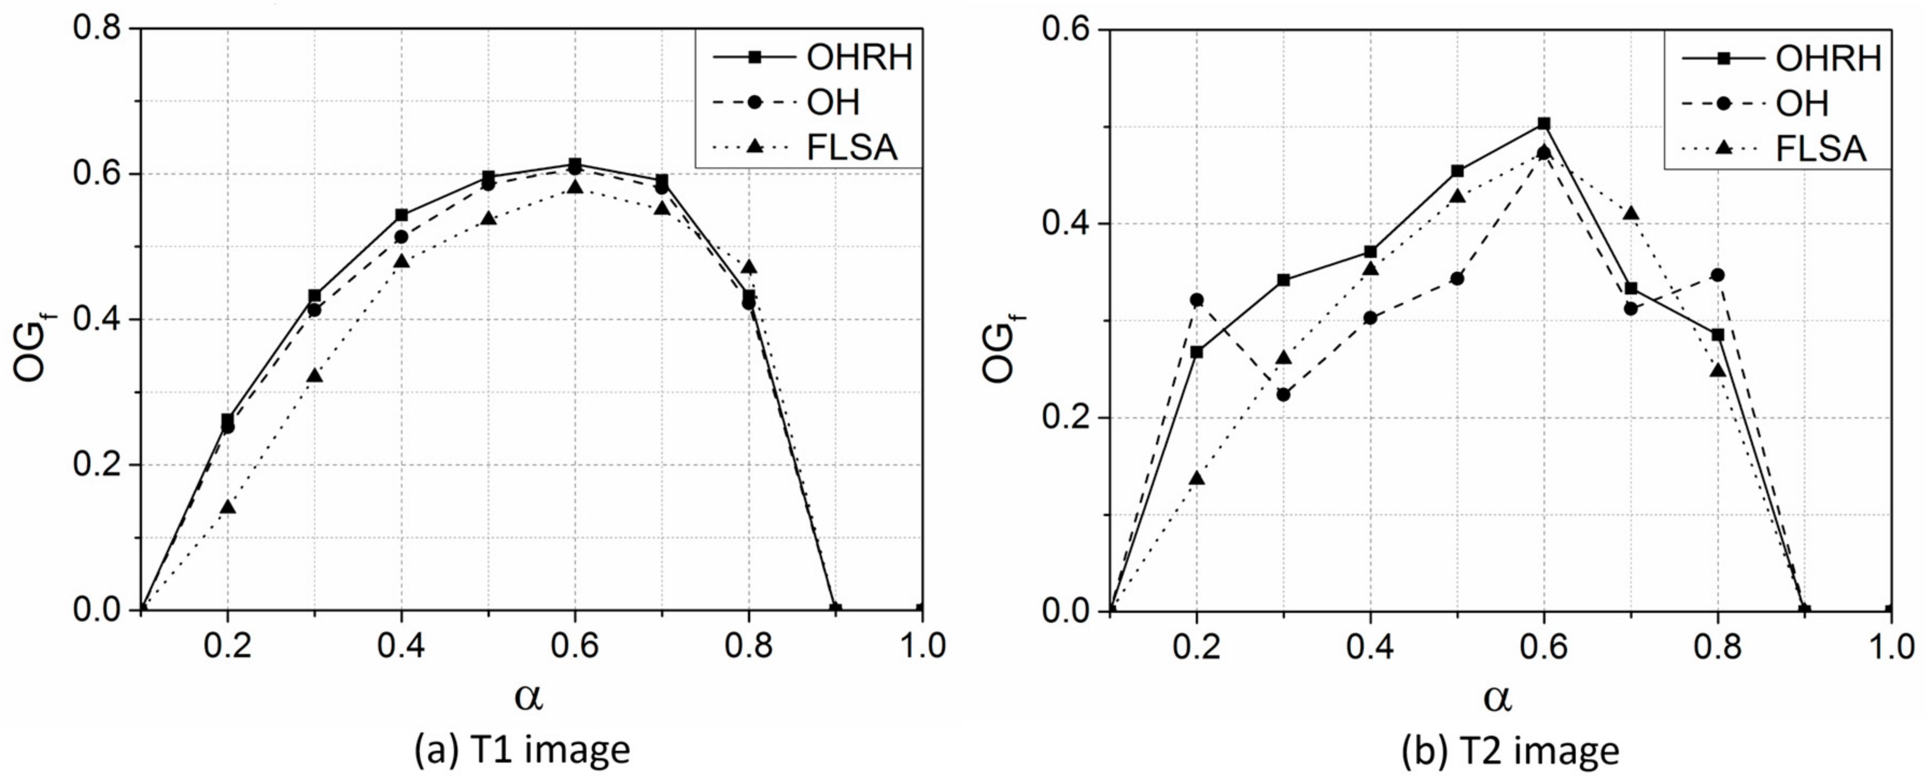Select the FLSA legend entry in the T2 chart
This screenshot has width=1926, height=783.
[x=1820, y=149]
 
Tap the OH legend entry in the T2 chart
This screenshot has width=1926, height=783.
[x=1802, y=103]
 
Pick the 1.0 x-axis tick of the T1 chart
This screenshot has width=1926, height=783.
[x=922, y=647]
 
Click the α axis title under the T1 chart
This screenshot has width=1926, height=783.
[x=528, y=695]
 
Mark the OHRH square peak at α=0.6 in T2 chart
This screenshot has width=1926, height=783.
[x=1544, y=123]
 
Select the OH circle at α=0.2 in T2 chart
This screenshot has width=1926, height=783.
[x=1197, y=300]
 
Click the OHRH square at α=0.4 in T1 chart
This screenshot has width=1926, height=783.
[x=401, y=215]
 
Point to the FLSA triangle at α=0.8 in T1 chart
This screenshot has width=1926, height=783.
[x=749, y=267]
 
